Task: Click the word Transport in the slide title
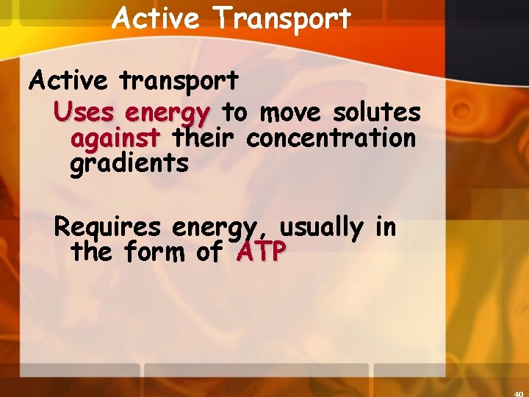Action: (282, 18)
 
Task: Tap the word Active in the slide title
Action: (155, 18)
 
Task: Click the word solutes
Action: (377, 112)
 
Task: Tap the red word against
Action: (115, 138)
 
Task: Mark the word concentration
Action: (331, 137)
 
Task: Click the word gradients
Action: (129, 163)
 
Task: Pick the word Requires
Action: (109, 227)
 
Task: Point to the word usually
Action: (321, 227)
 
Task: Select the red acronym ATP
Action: (262, 252)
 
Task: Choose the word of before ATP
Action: (210, 252)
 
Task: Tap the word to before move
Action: (235, 113)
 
